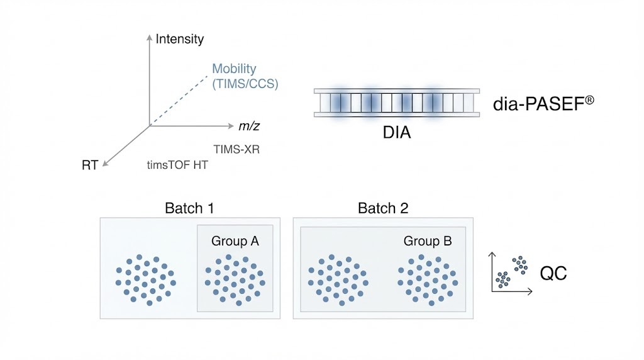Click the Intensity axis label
[180, 39]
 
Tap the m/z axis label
[249, 126]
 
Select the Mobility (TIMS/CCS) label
[245, 76]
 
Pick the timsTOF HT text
[177, 166]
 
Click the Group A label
[235, 240]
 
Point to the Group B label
[428, 241]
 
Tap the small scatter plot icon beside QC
[512, 272]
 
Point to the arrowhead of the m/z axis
[231, 125]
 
